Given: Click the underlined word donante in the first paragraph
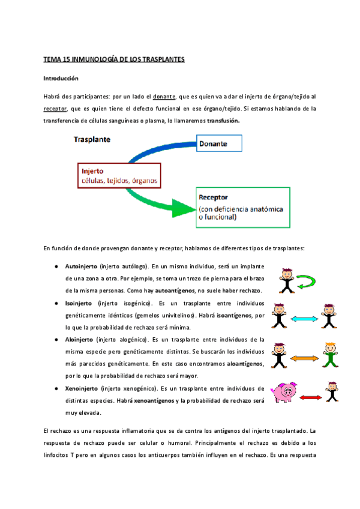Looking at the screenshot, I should click(164, 96).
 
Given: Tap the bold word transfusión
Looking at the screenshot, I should click(223, 121).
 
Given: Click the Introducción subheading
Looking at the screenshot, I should click(61, 78).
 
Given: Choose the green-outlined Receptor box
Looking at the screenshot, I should click(242, 208).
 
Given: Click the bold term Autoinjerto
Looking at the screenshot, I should click(81, 266).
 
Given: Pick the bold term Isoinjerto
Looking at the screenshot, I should click(79, 303).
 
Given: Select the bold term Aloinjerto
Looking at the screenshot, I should click(79, 340).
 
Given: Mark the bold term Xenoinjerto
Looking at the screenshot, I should click(81, 377).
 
